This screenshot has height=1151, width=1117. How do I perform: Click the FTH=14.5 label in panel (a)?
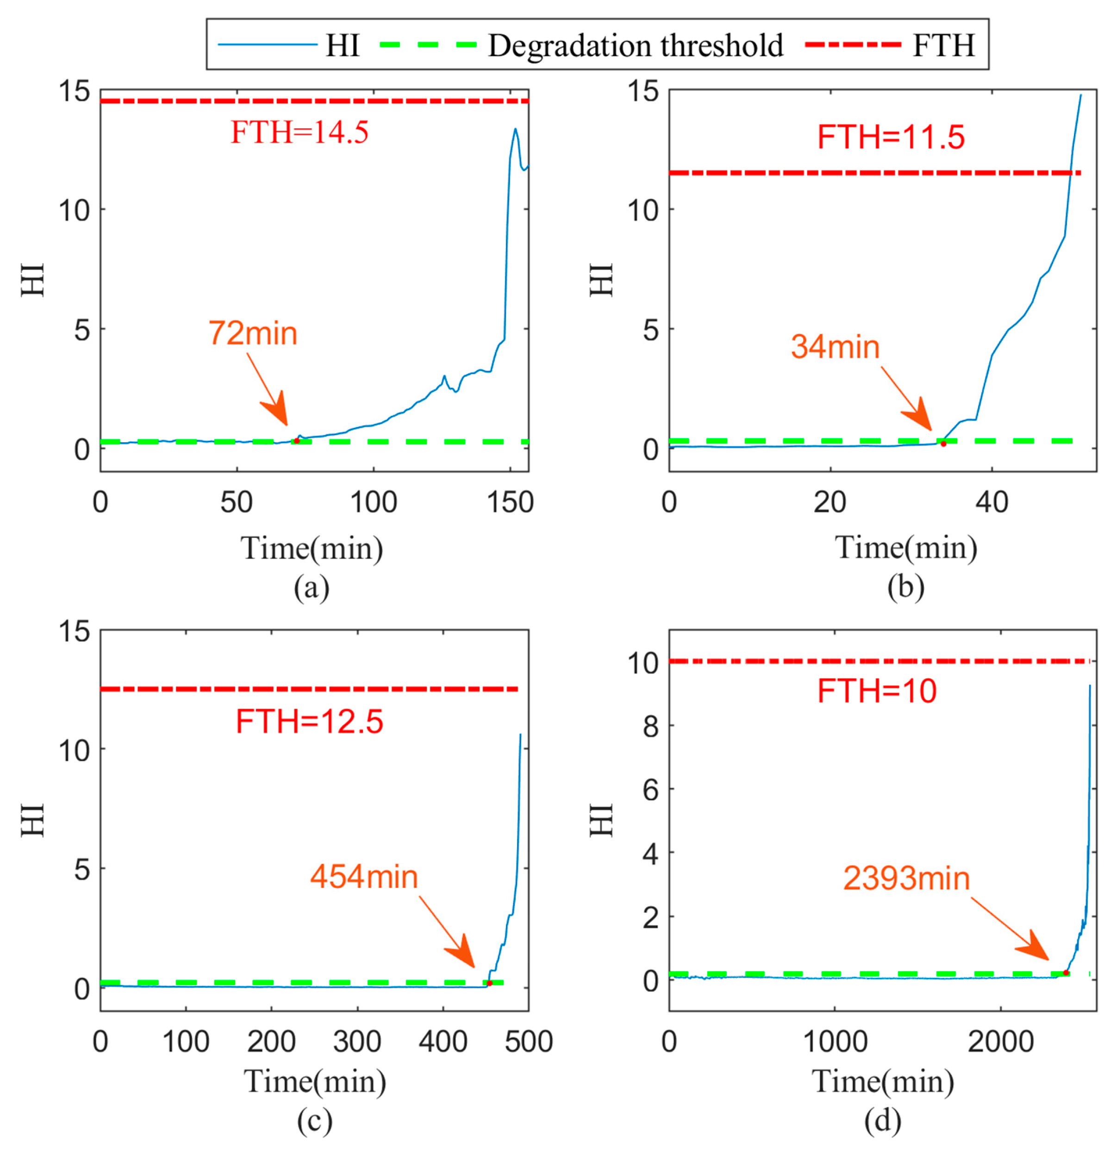pyautogui.click(x=300, y=132)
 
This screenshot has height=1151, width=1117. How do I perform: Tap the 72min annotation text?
pyautogui.click(x=253, y=333)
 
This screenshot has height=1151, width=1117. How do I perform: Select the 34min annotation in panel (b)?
pyautogui.click(x=835, y=346)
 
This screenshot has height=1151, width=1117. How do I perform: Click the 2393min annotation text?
pyautogui.click(x=906, y=878)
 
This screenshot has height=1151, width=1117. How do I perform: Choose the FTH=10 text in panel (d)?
pyautogui.click(x=877, y=691)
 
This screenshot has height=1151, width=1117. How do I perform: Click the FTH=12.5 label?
pyautogui.click(x=310, y=722)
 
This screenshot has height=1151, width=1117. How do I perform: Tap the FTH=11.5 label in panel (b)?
pyautogui.click(x=891, y=138)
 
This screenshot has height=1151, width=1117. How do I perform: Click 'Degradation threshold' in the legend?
pyautogui.click(x=636, y=46)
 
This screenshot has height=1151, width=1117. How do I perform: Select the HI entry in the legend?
pyautogui.click(x=343, y=46)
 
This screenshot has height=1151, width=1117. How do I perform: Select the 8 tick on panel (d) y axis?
pyautogui.click(x=651, y=727)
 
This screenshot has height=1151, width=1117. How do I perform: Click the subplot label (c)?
pyautogui.click(x=314, y=1120)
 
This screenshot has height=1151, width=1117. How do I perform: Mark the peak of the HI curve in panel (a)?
pyautogui.click(x=516, y=129)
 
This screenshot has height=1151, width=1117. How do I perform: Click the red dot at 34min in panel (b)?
pyautogui.click(x=943, y=444)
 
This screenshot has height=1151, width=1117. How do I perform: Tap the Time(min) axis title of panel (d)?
pyautogui.click(x=883, y=1081)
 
